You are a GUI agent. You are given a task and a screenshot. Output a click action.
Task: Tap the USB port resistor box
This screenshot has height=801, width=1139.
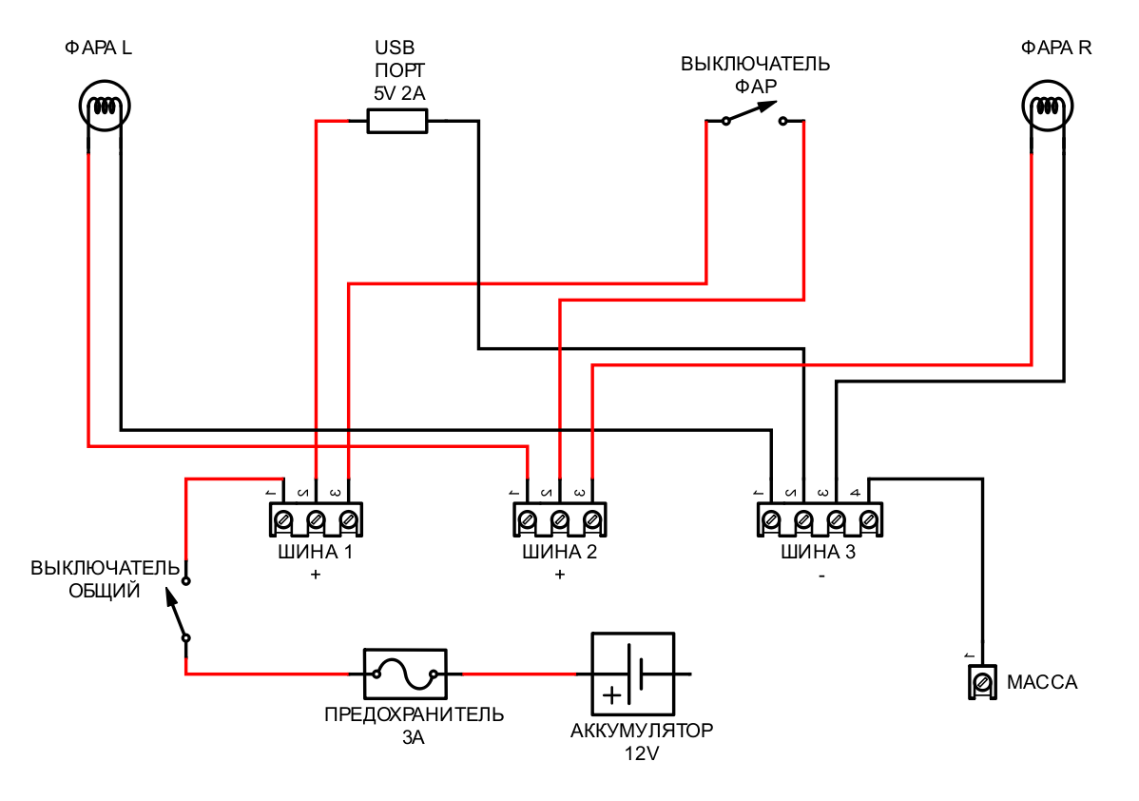tap(397, 121)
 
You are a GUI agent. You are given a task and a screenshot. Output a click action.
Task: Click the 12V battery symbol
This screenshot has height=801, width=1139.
tap(632, 674)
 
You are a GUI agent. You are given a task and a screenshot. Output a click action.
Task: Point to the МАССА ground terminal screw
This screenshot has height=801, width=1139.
tap(981, 682)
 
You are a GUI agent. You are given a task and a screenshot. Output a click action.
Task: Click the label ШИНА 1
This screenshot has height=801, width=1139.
tap(315, 553)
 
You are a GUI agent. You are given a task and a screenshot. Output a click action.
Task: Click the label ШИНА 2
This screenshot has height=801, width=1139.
tap(559, 553)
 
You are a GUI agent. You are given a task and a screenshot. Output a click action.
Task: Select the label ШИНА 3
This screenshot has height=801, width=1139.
tap(818, 553)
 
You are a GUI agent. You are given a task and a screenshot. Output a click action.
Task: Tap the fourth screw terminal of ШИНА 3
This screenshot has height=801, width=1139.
tap(868, 520)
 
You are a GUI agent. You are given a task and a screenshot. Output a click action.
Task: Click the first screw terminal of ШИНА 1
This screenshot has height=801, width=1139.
tap(283, 520)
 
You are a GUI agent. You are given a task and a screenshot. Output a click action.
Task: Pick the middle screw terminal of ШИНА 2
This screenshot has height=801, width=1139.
tap(560, 520)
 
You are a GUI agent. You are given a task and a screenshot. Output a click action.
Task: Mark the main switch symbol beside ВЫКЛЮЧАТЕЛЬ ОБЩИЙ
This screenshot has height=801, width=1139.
tap(181, 609)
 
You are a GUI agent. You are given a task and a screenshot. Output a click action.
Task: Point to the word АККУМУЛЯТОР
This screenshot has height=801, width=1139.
tap(642, 732)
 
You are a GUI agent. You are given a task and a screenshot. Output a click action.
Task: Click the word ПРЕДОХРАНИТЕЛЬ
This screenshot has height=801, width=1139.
tap(414, 714)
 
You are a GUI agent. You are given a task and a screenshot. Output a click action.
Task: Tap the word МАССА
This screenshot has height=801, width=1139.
tap(1042, 683)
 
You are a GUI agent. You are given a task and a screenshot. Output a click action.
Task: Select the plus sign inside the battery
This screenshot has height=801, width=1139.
tap(613, 695)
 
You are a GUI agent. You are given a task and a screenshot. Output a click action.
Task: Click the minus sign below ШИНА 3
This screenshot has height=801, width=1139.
tap(820, 575)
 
